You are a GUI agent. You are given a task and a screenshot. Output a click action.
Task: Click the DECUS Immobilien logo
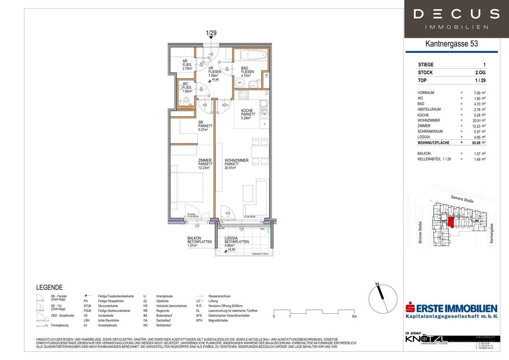pyautogui.click(x=456, y=19)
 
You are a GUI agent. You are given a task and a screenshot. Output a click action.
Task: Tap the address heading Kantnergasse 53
pyautogui.click(x=456, y=44)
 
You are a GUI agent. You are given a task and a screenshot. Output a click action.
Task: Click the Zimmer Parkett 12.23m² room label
pyautogui.click(x=205, y=164)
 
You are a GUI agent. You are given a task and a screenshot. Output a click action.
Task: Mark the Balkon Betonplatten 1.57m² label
pyautogui.click(x=199, y=242)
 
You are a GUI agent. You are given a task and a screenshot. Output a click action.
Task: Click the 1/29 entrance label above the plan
pyautogui.click(x=211, y=33)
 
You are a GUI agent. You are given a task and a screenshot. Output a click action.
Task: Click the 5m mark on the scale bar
pyautogui.click(x=354, y=316)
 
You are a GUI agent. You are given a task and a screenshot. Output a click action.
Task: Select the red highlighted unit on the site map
pyautogui.click(x=451, y=222)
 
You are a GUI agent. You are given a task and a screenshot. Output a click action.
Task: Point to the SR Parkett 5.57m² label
pyautogui.click(x=205, y=126)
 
